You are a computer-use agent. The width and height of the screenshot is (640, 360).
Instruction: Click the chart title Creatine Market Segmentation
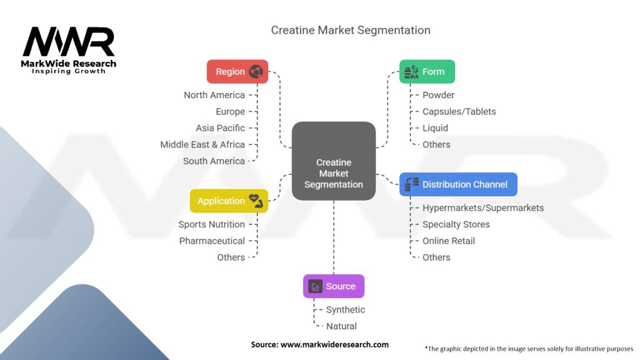click(350, 30)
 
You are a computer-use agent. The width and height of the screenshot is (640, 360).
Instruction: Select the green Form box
click(427, 72)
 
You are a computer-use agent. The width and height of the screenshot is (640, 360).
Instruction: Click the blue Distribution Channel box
click(458, 184)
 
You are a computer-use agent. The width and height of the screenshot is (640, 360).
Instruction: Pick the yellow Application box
click(229, 201)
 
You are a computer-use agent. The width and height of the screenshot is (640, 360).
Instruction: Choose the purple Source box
click(333, 286)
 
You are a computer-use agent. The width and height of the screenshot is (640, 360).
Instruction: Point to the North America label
click(214, 95)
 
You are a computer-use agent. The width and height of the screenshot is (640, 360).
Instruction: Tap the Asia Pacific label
click(220, 128)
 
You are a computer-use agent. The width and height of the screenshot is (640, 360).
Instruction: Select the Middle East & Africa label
click(202, 144)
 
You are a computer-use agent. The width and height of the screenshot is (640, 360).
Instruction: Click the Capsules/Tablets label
click(459, 111)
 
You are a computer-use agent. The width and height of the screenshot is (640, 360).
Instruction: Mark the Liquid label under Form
click(435, 128)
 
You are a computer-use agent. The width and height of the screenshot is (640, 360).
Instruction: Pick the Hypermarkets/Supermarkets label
click(482, 207)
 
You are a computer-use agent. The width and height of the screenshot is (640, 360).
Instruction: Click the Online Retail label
click(448, 241)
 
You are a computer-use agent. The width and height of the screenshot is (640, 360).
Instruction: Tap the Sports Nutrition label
click(211, 224)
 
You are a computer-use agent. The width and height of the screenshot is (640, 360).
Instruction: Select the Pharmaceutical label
click(212, 241)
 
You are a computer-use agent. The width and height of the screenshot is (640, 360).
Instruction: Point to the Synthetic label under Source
click(345, 309)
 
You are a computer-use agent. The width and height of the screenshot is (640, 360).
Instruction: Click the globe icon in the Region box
click(255, 72)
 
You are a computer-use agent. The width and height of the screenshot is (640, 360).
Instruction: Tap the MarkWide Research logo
click(69, 50)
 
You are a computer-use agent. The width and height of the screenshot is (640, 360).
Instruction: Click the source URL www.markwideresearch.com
click(319, 344)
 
